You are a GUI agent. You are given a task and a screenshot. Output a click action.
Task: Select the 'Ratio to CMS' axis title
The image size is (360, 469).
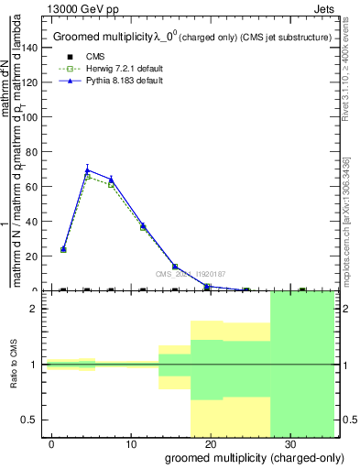pyautogui.click(x=15, y=365)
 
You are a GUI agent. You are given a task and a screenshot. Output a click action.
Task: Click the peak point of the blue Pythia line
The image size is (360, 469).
pyautogui.click(x=87, y=169)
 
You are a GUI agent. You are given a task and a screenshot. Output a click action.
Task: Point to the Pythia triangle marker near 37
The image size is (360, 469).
pyautogui.click(x=143, y=225)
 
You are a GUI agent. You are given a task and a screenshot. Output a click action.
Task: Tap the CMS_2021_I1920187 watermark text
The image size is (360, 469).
pyautogui.click(x=190, y=274)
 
